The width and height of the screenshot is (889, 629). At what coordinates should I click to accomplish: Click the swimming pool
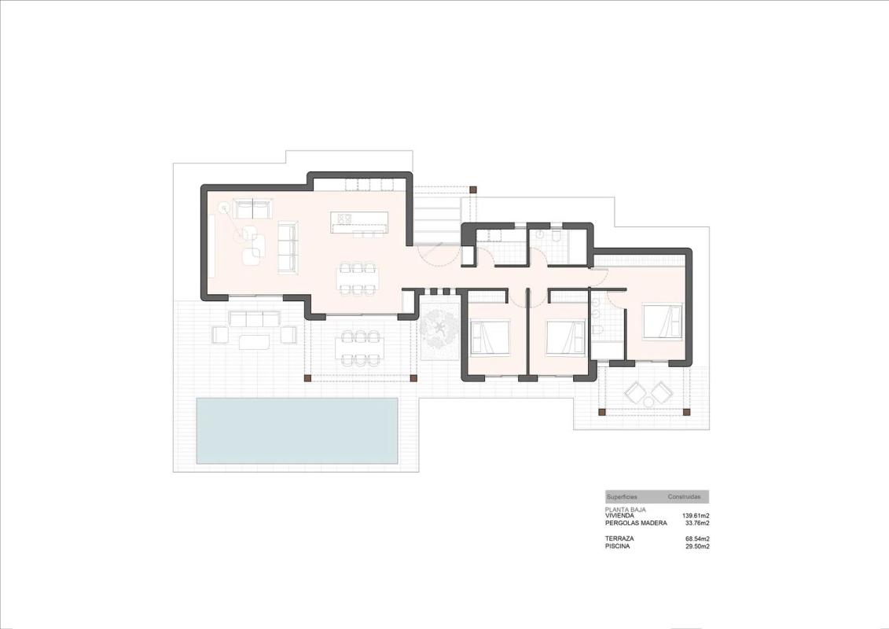click(296, 430)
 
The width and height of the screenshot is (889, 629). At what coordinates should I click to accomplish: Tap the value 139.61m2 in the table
click(696, 516)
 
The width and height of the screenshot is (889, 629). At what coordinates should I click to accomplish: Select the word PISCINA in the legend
click(617, 546)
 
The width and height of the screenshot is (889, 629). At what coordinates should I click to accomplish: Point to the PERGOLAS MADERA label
click(636, 523)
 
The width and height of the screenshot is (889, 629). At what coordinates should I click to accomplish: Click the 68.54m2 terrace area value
click(697, 539)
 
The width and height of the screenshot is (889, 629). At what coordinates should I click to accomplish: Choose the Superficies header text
click(622, 497)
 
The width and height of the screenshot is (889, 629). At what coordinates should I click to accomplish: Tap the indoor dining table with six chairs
click(358, 278)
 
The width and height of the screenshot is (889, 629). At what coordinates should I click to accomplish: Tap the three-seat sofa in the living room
click(287, 247)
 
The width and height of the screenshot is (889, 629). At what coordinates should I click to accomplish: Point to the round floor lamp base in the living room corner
click(224, 208)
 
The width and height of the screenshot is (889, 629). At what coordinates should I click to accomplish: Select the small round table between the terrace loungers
click(648, 402)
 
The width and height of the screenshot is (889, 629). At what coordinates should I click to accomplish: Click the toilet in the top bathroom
click(557, 236)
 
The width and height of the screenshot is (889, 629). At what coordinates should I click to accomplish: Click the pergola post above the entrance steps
click(472, 189)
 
